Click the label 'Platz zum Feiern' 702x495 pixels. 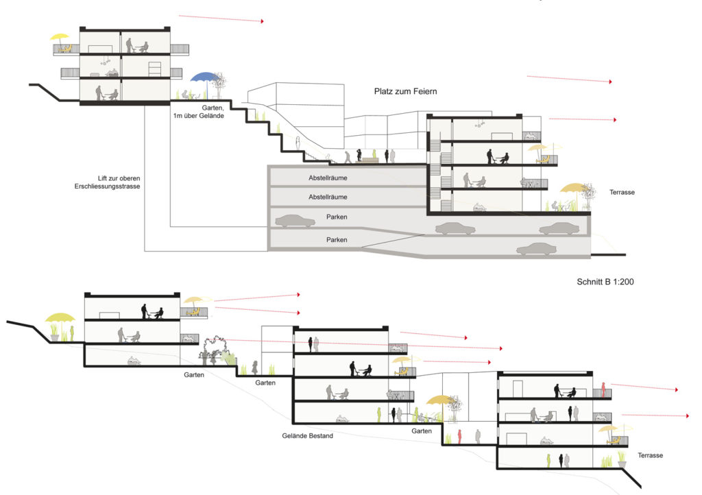[405, 91]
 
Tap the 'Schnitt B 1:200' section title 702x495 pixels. [605, 282]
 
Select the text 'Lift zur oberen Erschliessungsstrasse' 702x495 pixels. [108, 182]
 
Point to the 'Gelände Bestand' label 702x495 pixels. [308, 435]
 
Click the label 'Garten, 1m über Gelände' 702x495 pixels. [199, 112]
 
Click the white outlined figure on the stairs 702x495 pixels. [298, 144]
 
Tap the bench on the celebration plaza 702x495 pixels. [370, 160]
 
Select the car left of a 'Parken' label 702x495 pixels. [295, 221]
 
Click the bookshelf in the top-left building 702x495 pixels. [154, 69]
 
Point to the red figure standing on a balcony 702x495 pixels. [603, 389]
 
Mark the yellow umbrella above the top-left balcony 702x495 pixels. [60, 38]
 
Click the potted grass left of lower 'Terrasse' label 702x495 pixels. [622, 459]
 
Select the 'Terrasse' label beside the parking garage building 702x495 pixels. [622, 192]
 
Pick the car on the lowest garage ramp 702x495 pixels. [536, 250]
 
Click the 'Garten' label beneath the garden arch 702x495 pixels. [194, 374]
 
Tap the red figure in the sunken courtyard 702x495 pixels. [459, 436]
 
